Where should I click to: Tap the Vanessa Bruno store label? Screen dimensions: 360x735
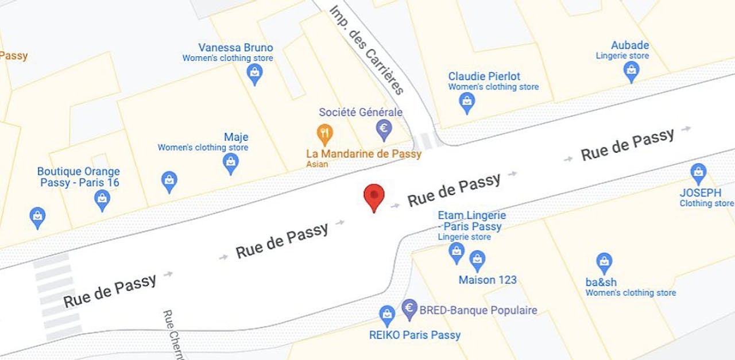coord(235,48)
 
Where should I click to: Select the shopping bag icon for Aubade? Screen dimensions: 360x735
coord(631,71)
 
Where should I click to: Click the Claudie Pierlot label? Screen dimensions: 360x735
coord(484,76)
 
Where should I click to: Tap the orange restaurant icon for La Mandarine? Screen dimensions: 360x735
coord(325,134)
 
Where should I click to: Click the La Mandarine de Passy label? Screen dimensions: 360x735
coord(363,154)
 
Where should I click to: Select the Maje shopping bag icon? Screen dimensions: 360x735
coord(230,163)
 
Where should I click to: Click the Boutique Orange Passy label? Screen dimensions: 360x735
coord(79,177)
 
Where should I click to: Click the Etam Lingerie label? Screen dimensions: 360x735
coord(471,220)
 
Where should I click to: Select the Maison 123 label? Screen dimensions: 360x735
coord(488,280)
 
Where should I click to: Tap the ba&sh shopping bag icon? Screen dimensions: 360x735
coord(604,262)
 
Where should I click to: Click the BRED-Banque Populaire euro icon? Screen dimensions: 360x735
coord(409,309)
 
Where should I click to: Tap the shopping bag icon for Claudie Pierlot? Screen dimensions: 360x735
coord(467,102)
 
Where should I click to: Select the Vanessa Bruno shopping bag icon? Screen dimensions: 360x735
coord(254,73)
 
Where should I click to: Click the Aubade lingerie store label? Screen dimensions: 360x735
coord(630,45)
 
